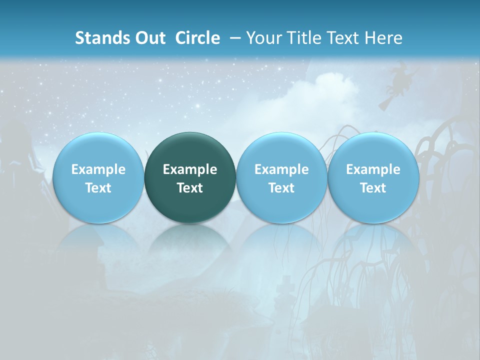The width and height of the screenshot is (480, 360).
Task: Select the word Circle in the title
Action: click(197, 38)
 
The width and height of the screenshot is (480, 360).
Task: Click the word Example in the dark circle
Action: click(190, 169)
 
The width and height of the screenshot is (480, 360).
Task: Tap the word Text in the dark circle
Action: click(190, 188)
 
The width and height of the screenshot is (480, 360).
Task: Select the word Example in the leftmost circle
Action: click(98, 169)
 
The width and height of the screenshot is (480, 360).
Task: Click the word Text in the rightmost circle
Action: click(373, 188)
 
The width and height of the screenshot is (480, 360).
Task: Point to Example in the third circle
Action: click(281, 169)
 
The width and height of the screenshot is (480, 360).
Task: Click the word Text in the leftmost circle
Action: click(98, 188)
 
